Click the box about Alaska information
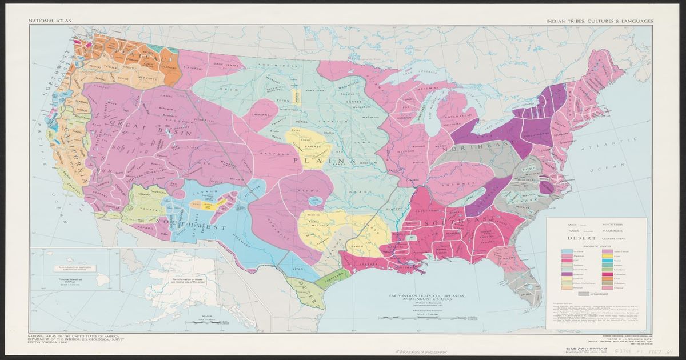click(184, 281)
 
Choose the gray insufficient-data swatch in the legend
click(584, 293)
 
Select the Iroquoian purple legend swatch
click(568, 274)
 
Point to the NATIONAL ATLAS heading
click(46, 21)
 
